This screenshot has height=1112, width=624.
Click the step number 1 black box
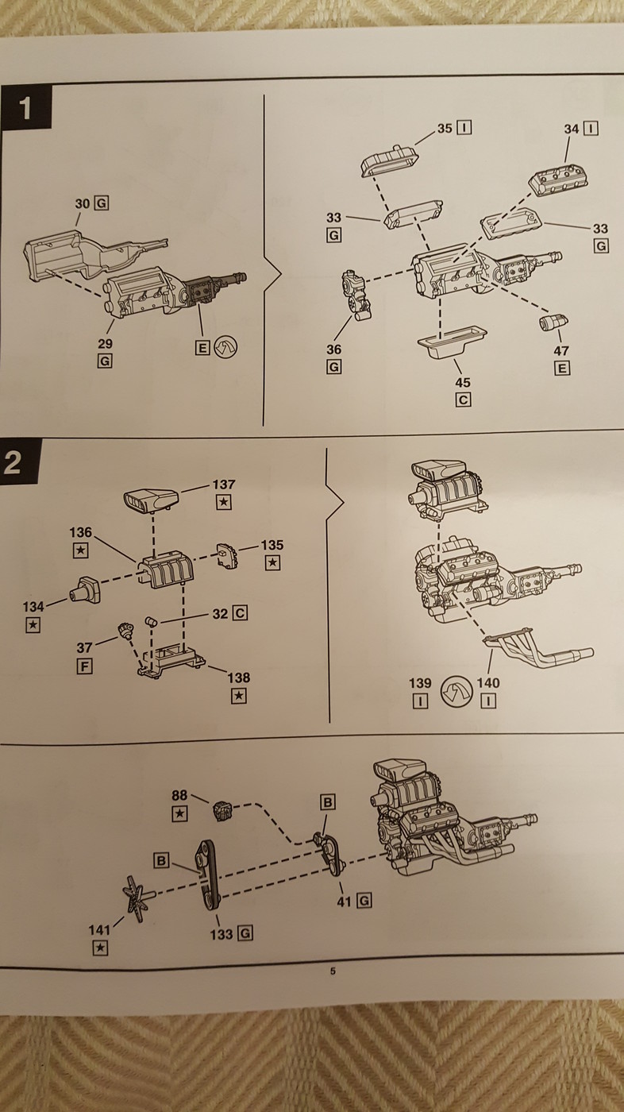coord(25,108)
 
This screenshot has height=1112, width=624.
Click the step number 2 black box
coord(13,462)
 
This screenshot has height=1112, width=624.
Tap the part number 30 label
coord(83,203)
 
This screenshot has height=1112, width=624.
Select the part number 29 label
coord(105,343)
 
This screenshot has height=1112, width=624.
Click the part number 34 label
coord(572,128)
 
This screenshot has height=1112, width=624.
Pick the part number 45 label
coord(464,383)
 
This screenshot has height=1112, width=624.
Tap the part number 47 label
coord(562,349)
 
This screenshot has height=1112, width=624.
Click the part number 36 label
coord(333,349)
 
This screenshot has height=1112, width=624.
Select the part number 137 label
coord(224,484)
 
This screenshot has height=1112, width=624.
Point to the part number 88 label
coord(180,794)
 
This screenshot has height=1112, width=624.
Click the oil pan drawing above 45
coord(450,343)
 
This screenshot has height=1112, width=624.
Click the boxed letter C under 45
coord(464,400)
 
